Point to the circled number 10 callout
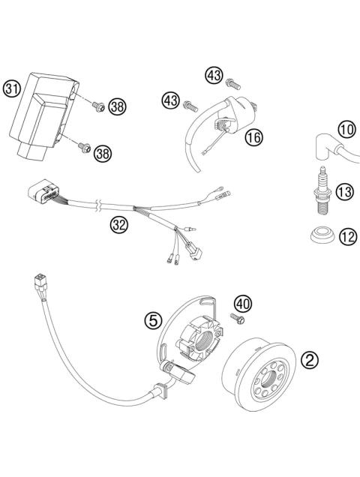click(x=345, y=129)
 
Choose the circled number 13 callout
click(x=344, y=193)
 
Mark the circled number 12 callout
click(x=344, y=237)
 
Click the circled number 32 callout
click(x=118, y=223)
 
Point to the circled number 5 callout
click(x=154, y=320)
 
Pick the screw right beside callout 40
click(x=239, y=321)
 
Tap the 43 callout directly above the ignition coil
click(x=214, y=76)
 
